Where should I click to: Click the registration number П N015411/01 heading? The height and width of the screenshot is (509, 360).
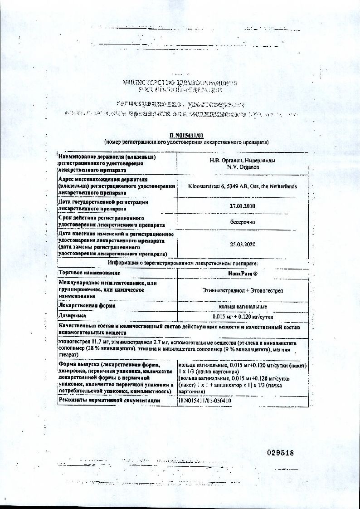[x=186, y=135]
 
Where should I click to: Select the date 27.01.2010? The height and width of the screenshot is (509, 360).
[x=243, y=206]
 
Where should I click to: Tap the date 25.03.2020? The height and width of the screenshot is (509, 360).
[x=243, y=244]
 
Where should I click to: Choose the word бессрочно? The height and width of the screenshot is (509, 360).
[x=243, y=222]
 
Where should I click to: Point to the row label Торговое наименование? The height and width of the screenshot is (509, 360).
[x=89, y=273]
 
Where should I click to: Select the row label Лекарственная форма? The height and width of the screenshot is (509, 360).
[x=87, y=306]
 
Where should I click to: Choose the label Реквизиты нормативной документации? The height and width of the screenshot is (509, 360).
[x=109, y=400]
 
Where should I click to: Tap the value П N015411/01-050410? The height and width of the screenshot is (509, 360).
[x=205, y=401]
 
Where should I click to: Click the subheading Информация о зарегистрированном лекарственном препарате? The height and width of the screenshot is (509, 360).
[x=183, y=263]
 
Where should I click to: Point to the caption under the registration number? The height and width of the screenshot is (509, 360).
[x=186, y=142]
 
